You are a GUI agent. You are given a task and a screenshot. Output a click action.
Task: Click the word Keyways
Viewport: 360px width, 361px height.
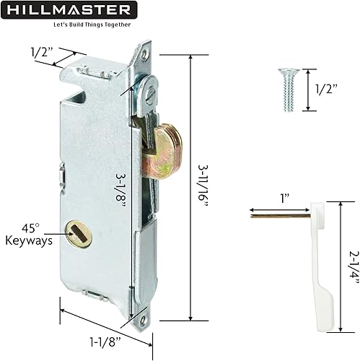(28, 240)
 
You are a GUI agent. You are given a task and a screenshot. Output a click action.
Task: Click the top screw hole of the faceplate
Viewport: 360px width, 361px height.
(146, 52)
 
